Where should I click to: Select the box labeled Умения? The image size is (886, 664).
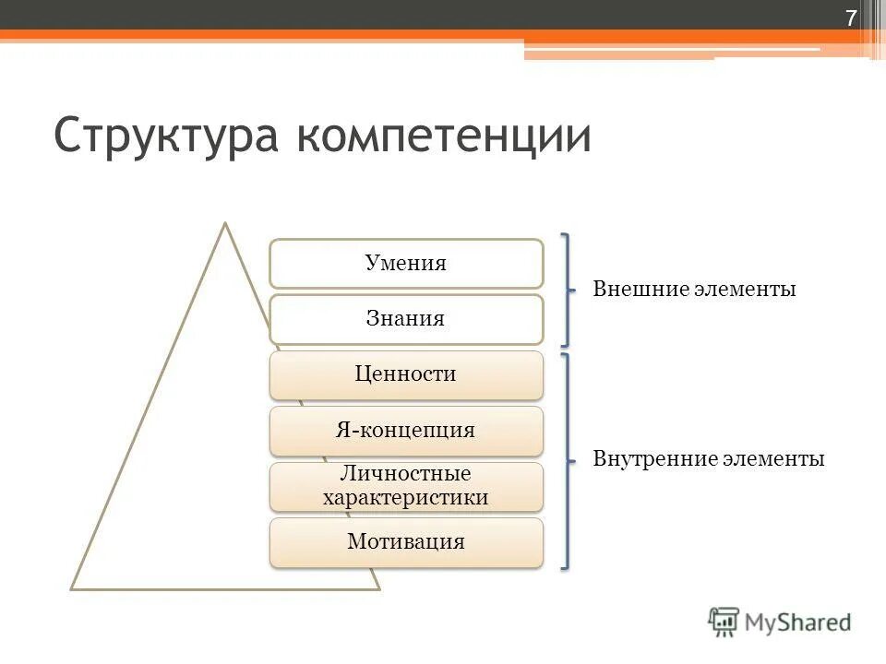coord(406,264)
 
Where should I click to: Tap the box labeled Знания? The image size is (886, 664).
coord(406,320)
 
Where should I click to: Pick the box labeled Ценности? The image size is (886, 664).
coord(406,374)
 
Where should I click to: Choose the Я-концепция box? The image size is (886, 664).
coord(406,431)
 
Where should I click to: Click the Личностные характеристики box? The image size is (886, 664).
coord(406,486)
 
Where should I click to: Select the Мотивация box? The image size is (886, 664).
coord(406,542)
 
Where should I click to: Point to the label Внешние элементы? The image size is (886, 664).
coord(694,290)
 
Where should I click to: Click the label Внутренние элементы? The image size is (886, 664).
coord(708,459)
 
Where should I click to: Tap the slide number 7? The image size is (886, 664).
coord(850,18)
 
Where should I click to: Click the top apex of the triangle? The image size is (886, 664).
coord(224,223)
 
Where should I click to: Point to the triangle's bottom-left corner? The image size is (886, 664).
coord(73,587)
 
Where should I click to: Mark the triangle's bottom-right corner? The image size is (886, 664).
coord(378,587)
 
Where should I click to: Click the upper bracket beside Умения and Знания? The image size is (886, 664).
coord(566,290)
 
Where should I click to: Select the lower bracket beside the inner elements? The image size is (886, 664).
coord(566,459)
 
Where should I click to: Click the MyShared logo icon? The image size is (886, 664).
coord(724,622)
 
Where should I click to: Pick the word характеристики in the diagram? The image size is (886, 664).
coord(406,498)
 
